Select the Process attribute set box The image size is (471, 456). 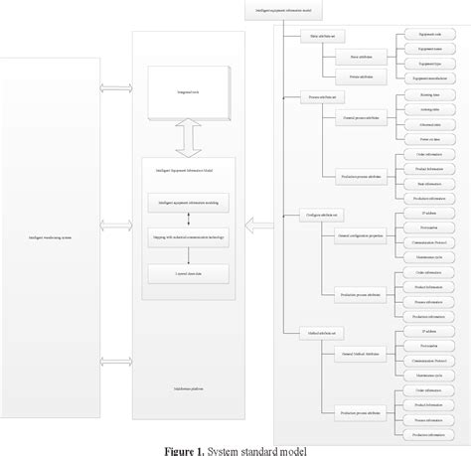(x=316, y=98)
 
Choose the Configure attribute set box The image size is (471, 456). (x=316, y=215)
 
